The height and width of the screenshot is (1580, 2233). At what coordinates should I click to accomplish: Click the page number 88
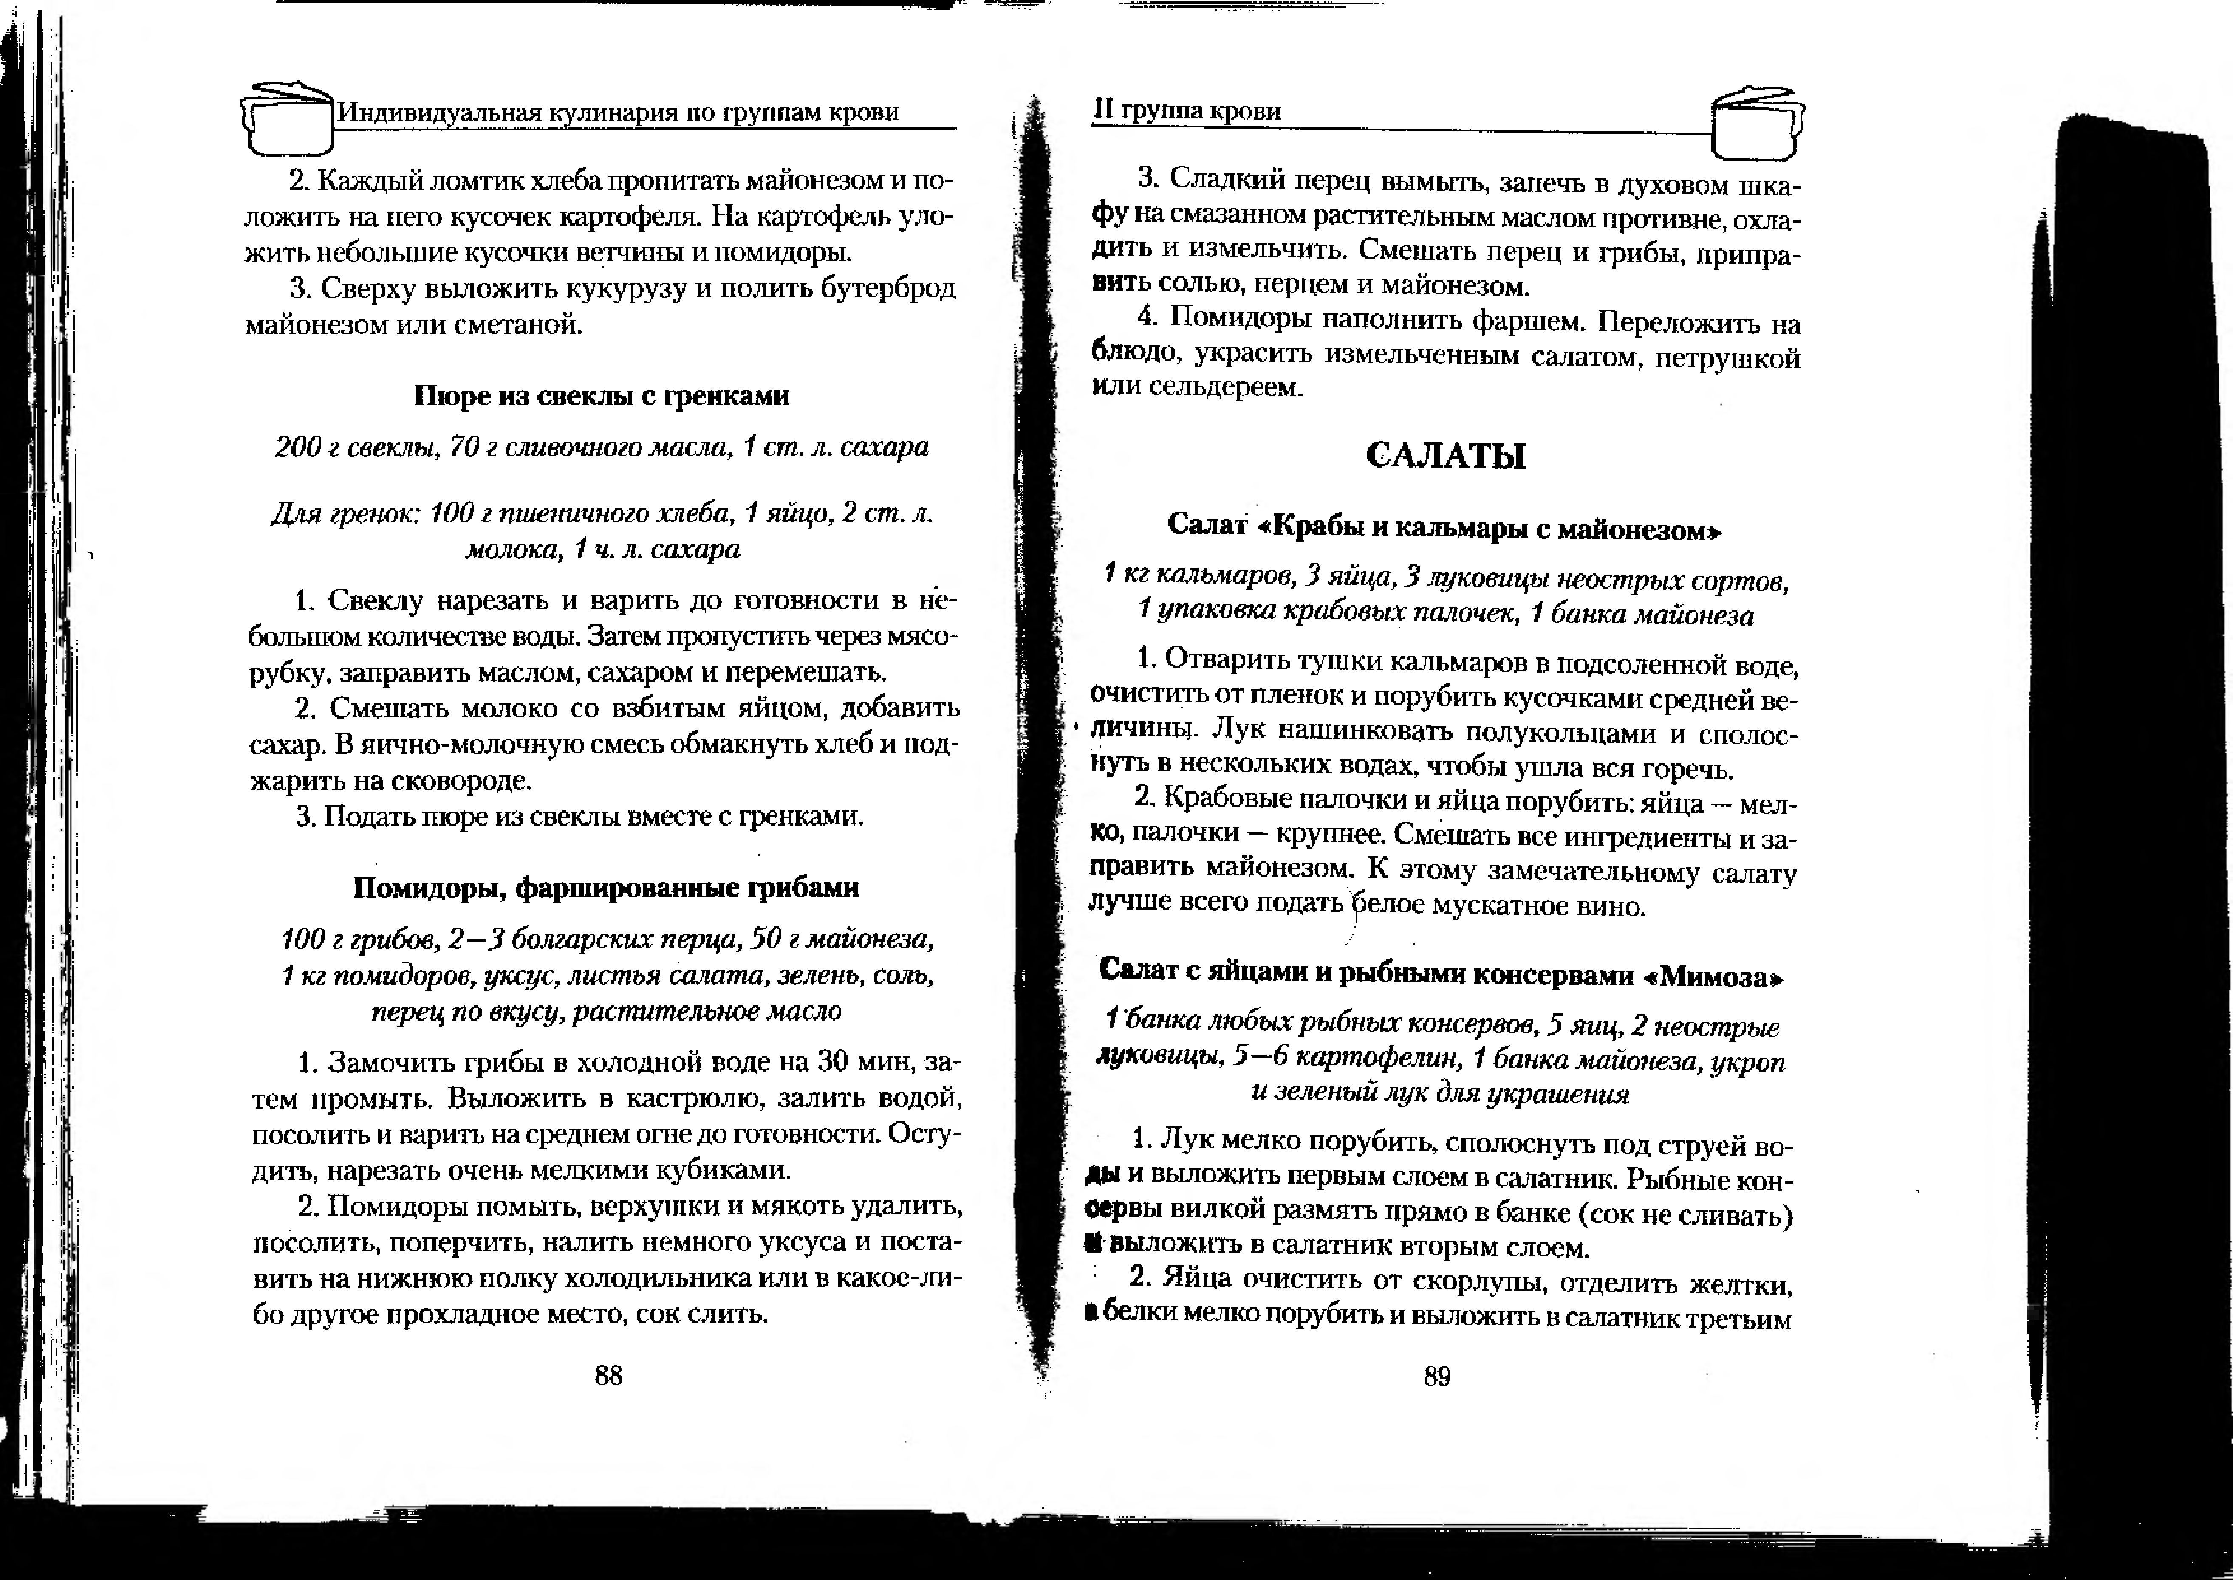[x=608, y=1375]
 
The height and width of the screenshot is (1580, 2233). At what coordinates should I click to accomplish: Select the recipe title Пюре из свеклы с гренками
[x=601, y=396]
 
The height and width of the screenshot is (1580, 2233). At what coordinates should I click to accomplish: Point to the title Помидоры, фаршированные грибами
[x=605, y=887]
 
